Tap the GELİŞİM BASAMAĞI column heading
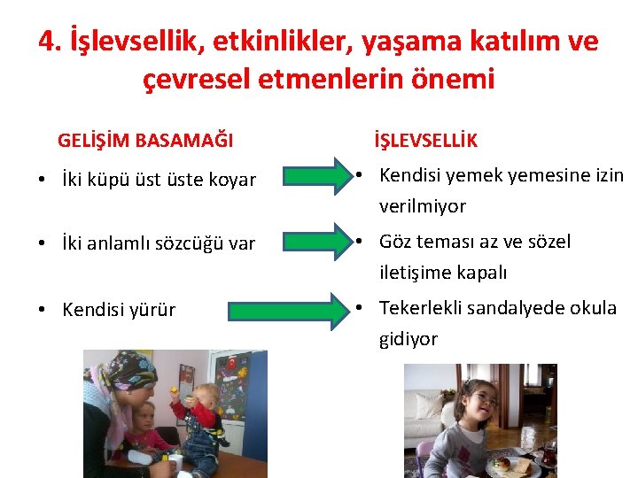click(x=145, y=140)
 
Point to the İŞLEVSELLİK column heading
click(x=425, y=140)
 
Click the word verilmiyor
click(x=423, y=206)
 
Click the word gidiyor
click(x=408, y=339)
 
